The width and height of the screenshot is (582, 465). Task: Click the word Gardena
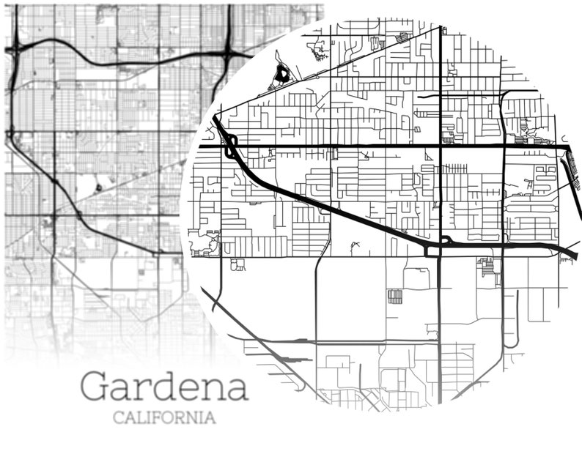point(164,386)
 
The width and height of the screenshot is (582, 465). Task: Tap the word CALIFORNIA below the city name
point(164,418)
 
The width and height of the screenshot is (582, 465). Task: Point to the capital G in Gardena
point(95,386)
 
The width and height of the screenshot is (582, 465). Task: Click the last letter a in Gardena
point(236,389)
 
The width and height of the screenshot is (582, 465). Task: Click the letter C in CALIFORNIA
point(118,418)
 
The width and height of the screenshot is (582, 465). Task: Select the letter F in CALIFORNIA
point(162,418)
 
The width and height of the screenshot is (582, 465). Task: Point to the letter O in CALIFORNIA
point(174,418)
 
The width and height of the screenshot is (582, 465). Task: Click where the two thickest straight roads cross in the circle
point(441,146)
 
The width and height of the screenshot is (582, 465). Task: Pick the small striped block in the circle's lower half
point(395,296)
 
